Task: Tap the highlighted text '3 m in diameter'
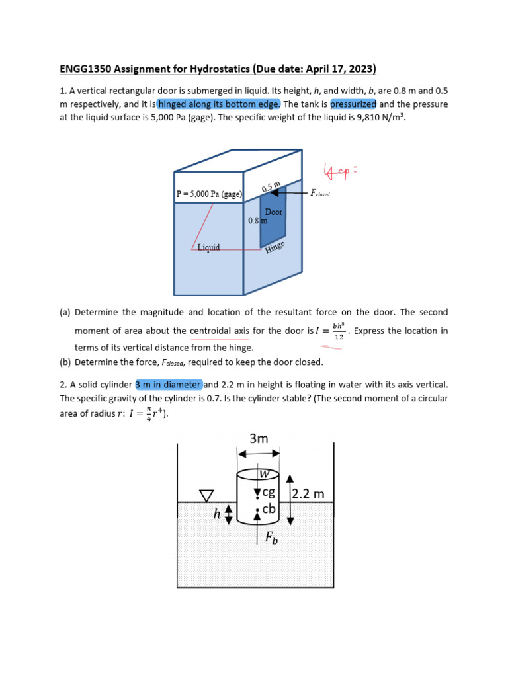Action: pos(169,385)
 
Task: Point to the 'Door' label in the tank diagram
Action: pos(274,212)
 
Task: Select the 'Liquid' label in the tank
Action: pos(209,248)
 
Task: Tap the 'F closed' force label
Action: pos(320,194)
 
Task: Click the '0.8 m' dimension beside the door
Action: pos(257,221)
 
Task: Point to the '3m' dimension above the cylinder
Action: pos(259,438)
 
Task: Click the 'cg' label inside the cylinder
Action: pos(269,493)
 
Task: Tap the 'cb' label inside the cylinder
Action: pos(269,509)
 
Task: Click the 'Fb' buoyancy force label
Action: pos(271,538)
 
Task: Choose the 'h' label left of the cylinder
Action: pos(217,514)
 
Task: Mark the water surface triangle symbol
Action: pos(207,495)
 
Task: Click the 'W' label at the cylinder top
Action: pos(264,474)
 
